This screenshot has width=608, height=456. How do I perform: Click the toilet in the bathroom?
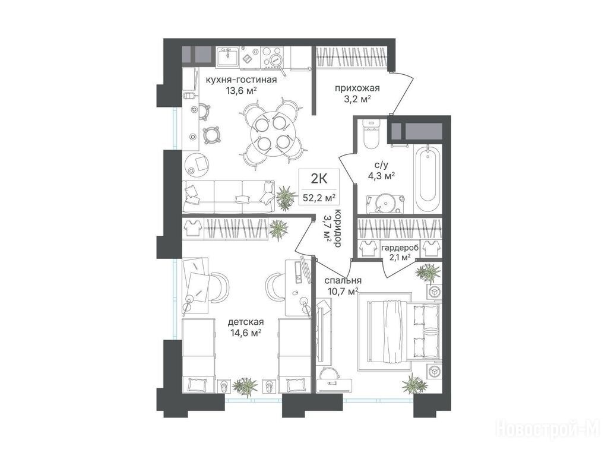click(372, 134)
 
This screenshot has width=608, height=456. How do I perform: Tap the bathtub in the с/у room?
click(427, 178)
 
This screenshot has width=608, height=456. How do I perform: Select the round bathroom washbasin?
click(385, 202)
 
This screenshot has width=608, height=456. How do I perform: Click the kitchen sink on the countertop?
click(228, 58)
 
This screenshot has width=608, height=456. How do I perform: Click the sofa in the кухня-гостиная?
click(229, 196)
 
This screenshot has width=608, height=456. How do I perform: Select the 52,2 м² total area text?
click(319, 198)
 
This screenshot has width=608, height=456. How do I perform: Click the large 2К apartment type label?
click(319, 179)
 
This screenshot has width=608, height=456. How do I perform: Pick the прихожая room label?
click(357, 88)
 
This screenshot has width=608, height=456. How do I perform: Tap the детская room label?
click(246, 322)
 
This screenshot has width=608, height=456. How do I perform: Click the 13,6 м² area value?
click(242, 91)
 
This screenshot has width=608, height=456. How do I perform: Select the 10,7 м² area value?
click(341, 291)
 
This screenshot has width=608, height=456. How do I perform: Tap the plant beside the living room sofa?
click(286, 197)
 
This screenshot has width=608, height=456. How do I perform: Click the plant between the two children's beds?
click(245, 386)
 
